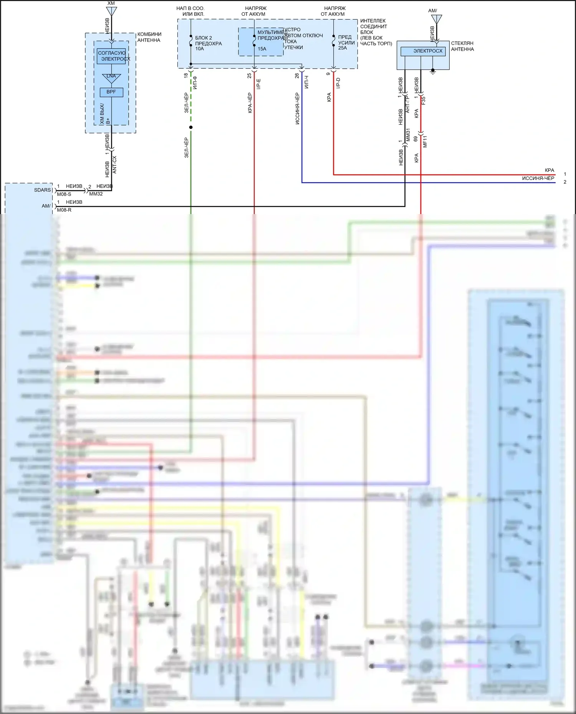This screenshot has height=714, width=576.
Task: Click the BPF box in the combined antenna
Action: tap(111, 92)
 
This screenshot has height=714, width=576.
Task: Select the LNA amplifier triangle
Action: tap(111, 78)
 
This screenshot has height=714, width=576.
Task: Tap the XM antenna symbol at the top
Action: tap(111, 10)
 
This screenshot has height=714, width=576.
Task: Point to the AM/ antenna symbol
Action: tap(437, 19)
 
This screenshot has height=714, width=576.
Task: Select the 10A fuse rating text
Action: tap(200, 49)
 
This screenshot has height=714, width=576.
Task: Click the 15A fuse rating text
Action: tap(262, 49)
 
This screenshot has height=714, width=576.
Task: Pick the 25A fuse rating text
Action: tap(343, 48)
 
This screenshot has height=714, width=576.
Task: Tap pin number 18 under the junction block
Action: tap(186, 76)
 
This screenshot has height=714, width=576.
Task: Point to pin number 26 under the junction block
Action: tap(297, 76)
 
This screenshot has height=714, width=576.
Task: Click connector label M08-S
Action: tap(64, 194)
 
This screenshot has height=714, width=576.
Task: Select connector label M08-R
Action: tap(64, 210)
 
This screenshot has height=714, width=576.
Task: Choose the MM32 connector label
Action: tap(96, 194)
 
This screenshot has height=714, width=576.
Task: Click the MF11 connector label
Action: tap(425, 141)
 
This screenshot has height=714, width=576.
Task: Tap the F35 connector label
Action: tap(424, 101)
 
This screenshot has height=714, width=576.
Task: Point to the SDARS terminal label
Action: tap(42, 190)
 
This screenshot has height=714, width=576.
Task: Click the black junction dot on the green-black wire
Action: tap(191, 127)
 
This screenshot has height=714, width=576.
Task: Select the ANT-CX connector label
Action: tap(114, 165)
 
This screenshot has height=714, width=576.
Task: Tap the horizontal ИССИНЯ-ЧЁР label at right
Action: tap(538, 178)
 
